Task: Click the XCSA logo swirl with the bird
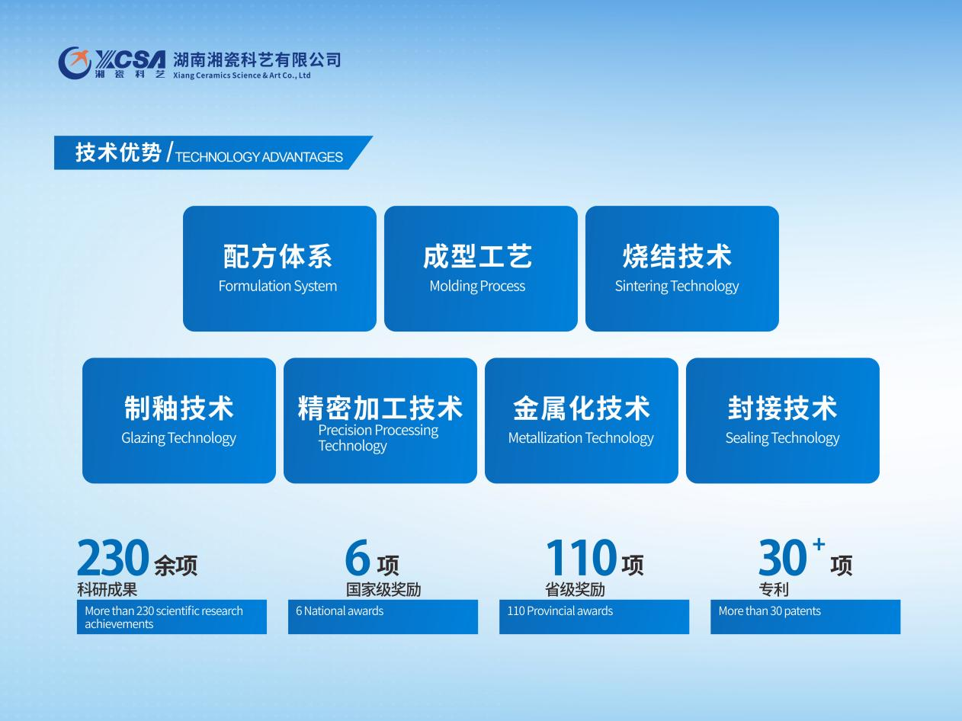pos(75,63)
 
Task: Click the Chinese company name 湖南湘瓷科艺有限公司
pos(257,59)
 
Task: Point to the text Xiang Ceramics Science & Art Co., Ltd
pos(242,75)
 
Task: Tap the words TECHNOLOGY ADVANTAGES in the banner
pos(259,157)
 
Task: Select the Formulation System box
pos(280,268)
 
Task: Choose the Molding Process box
pos(481,268)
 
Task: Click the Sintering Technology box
pos(682,268)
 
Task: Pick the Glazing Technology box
pos(179,421)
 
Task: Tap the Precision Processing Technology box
pos(380,421)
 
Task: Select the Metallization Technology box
pos(581,421)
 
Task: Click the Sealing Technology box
pos(782,421)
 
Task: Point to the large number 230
pos(113,557)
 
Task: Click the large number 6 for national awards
pos(358,557)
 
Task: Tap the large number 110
pos(581,557)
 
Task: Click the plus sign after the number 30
pos(819,544)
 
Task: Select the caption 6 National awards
pos(340,610)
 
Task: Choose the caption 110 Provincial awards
pos(560,610)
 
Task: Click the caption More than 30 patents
pos(770,610)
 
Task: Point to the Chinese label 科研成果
pos(107,590)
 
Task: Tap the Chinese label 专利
pos(774,590)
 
